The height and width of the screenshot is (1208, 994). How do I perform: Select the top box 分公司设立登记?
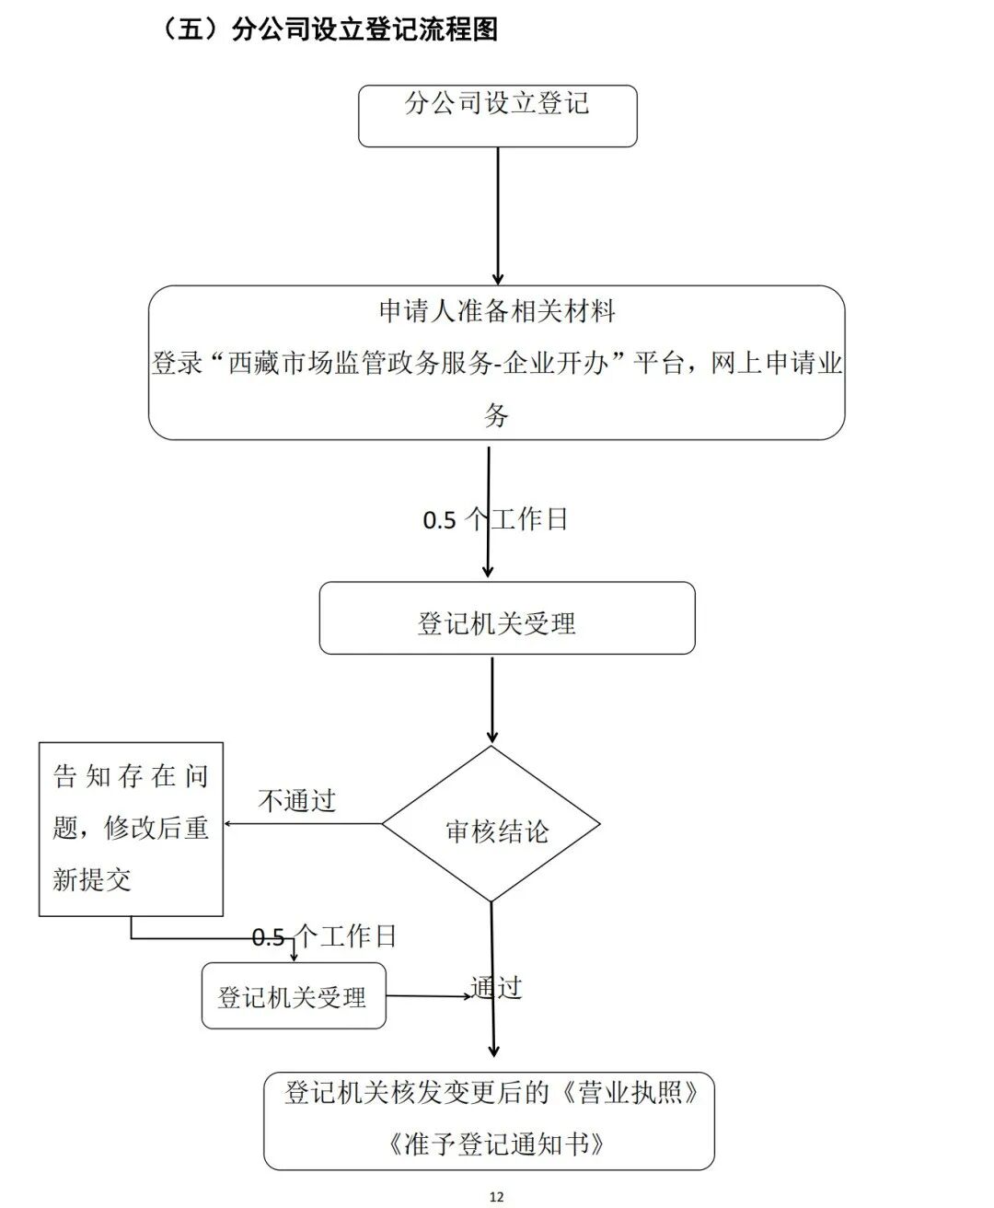497,115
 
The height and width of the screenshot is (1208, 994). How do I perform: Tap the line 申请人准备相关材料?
497,311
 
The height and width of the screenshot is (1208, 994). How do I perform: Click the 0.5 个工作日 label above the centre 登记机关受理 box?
495,520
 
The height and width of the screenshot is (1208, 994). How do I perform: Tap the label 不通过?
296,801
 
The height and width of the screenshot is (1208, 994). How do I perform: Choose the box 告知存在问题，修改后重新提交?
131,829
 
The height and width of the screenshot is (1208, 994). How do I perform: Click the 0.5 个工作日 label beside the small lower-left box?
324,937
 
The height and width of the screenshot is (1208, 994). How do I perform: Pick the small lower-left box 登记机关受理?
293,996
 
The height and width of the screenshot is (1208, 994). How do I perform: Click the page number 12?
496,1197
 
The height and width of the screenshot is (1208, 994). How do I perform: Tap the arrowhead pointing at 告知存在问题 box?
229,824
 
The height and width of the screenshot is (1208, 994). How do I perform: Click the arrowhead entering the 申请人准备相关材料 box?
498,279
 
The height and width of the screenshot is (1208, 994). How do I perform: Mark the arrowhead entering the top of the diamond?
492,738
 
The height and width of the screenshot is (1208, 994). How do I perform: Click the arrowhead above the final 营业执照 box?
494,1051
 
